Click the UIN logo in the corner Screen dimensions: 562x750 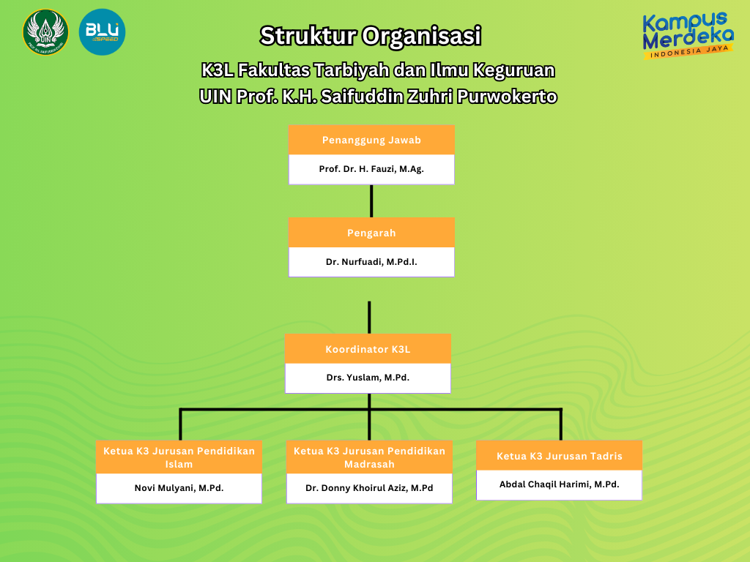pos(45,32)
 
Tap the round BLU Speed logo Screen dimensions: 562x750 pos(102,32)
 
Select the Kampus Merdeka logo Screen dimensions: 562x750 pos(688,35)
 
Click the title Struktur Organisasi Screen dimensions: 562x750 pos(371,35)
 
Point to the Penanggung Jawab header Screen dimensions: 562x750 pos(371,140)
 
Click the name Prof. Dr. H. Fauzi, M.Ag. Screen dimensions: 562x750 pos(371,169)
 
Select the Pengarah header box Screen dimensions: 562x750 pos(371,233)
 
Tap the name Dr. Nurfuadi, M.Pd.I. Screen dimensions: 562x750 pos(371,261)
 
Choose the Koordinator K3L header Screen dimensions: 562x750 pos(368,349)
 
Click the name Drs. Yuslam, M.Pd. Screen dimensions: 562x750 pos(368,378)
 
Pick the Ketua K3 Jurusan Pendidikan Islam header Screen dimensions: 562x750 pos(179,457)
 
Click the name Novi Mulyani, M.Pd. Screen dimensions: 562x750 pos(179,488)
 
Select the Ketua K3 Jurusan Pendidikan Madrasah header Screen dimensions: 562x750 pos(369,457)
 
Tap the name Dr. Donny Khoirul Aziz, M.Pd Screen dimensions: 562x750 pos(369,488)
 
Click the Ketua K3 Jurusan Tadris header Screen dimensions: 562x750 pos(559,456)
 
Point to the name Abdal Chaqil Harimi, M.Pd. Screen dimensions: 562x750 pos(559,484)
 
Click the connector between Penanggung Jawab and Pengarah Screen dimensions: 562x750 pos(371,201)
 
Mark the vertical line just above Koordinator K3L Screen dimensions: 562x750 pos(369,317)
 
